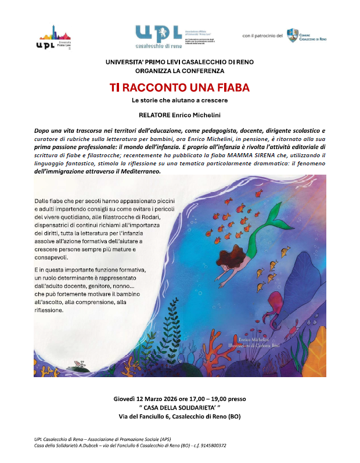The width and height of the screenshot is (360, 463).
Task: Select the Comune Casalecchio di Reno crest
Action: (293, 35)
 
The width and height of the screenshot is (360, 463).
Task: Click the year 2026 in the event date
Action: (183, 399)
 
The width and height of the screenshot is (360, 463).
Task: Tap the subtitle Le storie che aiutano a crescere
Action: (179, 101)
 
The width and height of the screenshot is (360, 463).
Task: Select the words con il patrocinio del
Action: (262, 36)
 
